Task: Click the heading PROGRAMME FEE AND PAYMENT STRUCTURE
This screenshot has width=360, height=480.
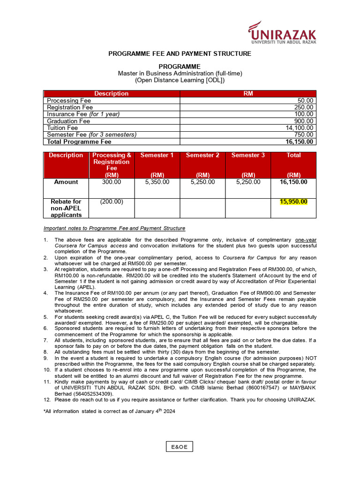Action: point(180,54)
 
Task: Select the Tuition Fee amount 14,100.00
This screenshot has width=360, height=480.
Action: point(300,128)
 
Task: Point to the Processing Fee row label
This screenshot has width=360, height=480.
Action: point(69,101)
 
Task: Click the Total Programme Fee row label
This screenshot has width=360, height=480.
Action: point(79,142)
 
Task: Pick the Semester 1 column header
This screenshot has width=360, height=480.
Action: point(157,155)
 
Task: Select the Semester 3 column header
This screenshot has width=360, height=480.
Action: point(248,155)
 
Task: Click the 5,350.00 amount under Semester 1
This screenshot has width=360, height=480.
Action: point(157,182)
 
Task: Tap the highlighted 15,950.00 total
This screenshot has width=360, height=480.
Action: point(293,202)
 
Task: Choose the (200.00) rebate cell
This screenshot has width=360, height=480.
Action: point(112,202)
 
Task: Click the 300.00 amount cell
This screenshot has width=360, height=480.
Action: point(112,182)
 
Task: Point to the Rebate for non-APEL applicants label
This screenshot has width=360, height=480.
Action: point(66,208)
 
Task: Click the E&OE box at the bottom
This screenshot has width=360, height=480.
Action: point(180,447)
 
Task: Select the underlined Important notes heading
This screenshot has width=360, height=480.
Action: point(114,228)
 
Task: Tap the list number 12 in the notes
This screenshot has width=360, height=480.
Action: point(46,400)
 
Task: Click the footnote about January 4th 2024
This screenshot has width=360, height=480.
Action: point(109,412)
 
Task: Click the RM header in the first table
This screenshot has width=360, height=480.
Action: point(248,94)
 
